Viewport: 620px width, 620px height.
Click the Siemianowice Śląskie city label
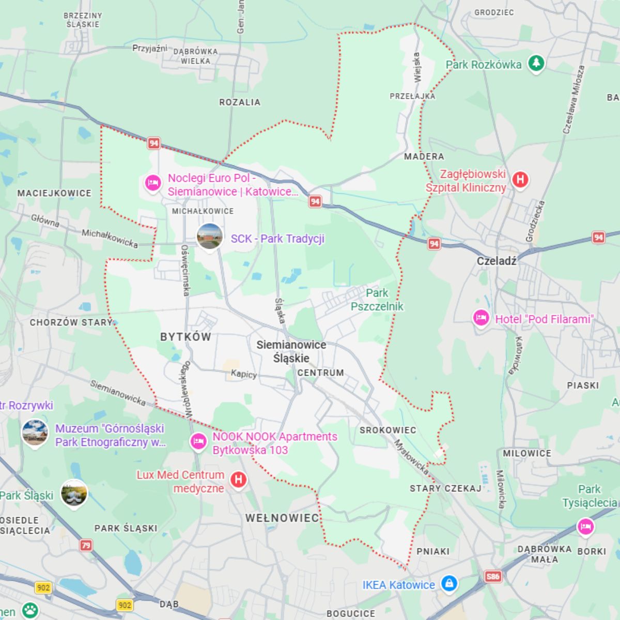click(x=291, y=351)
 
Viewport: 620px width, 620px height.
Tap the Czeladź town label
click(x=496, y=261)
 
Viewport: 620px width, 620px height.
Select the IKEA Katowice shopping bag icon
click(x=449, y=584)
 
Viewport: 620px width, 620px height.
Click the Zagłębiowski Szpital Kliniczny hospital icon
click(x=520, y=180)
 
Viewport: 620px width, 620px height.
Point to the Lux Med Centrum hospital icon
click(x=238, y=479)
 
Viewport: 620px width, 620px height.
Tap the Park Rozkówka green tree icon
click(x=536, y=64)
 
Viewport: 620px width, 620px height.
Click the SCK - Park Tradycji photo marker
click(x=210, y=237)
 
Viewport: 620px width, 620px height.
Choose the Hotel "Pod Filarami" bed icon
click(x=481, y=318)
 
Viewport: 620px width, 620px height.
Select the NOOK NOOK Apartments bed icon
click(x=198, y=442)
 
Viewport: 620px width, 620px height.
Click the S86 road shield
click(x=493, y=576)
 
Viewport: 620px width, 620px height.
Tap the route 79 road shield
click(x=86, y=545)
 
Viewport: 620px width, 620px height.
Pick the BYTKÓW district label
click(x=185, y=337)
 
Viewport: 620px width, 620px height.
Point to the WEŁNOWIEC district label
click(x=282, y=518)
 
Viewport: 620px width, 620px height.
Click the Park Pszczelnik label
click(x=377, y=300)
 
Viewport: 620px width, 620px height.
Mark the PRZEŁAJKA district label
click(x=412, y=96)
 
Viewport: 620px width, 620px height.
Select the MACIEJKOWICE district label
click(x=54, y=193)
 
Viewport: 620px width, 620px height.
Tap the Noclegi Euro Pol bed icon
click(x=152, y=183)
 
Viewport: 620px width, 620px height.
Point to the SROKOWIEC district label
click(x=388, y=430)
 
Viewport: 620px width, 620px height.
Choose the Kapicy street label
click(x=244, y=374)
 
